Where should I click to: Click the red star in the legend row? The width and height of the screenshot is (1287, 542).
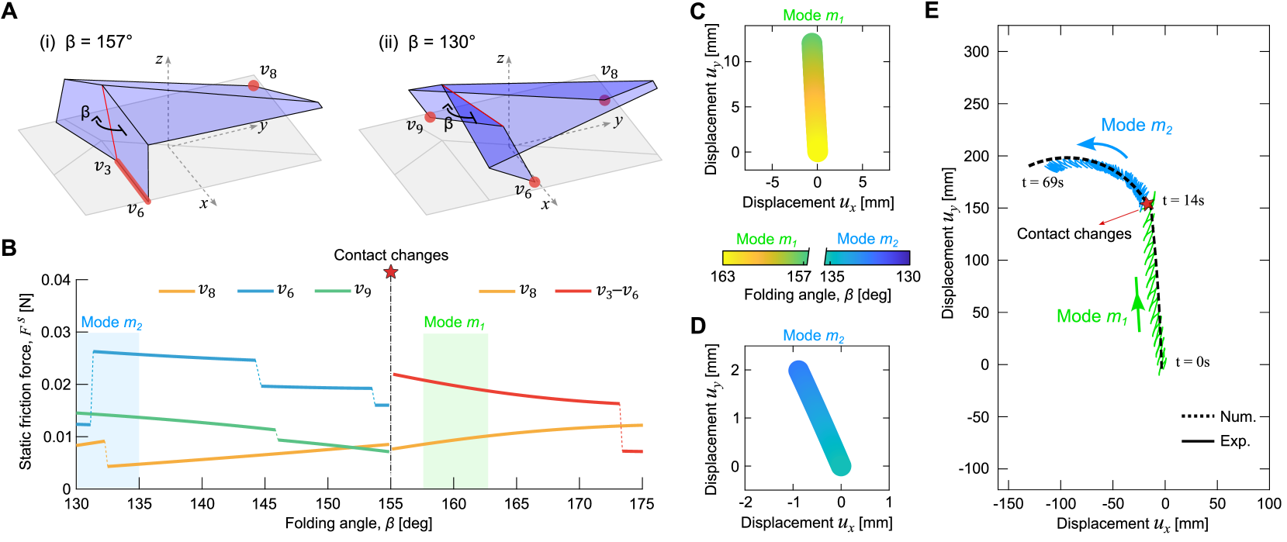pos(391,272)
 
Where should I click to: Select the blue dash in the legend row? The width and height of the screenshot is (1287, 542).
pos(255,292)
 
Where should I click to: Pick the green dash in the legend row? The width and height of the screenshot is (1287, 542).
pos(333,292)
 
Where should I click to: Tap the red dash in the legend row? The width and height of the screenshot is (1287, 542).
pos(573,292)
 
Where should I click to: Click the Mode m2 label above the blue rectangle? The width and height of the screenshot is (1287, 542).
pos(111,323)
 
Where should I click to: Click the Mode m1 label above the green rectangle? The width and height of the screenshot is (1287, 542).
pos(454,323)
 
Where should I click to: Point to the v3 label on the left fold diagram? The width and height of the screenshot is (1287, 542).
pos(102,167)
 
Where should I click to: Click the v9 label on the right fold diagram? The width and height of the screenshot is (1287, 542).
pos(415,126)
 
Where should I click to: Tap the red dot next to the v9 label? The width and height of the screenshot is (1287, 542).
pos(431,117)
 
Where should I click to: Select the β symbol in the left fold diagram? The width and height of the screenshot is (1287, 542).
pos(85,113)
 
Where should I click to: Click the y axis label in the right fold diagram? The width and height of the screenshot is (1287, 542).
pos(618,121)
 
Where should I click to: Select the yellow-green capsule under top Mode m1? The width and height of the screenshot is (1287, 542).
pos(814,98)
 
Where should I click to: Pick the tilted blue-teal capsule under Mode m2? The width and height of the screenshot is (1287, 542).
pos(819,418)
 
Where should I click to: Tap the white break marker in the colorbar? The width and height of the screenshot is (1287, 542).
pos(816,257)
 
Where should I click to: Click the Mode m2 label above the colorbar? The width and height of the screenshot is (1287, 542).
pos(867,240)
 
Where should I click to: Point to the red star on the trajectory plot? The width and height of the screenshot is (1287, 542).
pos(1146,203)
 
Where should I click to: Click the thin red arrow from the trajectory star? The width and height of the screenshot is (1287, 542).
pos(1121,215)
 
